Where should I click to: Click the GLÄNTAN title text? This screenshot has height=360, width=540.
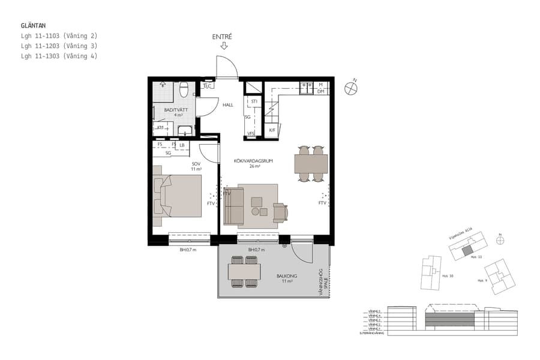click(x=33, y=26)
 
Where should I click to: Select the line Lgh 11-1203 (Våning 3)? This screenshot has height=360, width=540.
click(x=59, y=46)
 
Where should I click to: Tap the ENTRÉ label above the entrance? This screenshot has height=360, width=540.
click(x=222, y=37)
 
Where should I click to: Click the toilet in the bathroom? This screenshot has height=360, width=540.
click(x=184, y=91)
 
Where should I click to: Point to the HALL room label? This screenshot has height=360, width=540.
click(x=228, y=105)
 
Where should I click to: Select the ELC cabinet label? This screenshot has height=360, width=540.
click(x=208, y=86)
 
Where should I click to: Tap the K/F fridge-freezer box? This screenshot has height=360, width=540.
click(x=272, y=130)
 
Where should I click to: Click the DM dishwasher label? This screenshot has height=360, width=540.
click(x=321, y=91)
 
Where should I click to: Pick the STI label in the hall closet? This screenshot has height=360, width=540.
click(x=254, y=101)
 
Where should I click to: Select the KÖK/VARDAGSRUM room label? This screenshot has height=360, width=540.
click(x=254, y=161)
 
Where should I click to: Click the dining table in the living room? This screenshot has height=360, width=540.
click(x=311, y=164)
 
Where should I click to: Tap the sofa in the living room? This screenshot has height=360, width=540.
click(x=233, y=206)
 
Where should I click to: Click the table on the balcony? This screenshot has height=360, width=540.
click(x=243, y=272)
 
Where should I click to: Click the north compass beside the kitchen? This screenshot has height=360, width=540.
click(x=352, y=88)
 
